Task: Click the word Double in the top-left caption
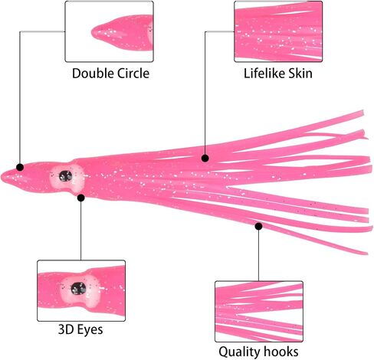pos(93,74)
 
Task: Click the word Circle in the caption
pos(133,74)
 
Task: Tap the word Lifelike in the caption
pos(264,74)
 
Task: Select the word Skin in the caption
pos(300,74)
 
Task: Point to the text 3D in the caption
pos(66,329)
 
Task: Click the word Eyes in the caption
pos(90,329)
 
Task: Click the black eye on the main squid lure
pos(66,176)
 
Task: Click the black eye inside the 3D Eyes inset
pos(78,288)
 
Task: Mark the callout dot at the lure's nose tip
pos(20,167)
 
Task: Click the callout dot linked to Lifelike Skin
pos(205,159)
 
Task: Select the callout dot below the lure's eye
pos(81,198)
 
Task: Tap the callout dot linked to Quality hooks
pos(258,226)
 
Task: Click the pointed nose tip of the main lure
pos(2,177)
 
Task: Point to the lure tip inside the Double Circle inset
pos(93,32)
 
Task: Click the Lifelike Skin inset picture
pos(278,31)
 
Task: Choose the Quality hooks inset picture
pos(259,312)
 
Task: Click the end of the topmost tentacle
pos(363,113)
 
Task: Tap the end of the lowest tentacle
pos(367,253)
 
